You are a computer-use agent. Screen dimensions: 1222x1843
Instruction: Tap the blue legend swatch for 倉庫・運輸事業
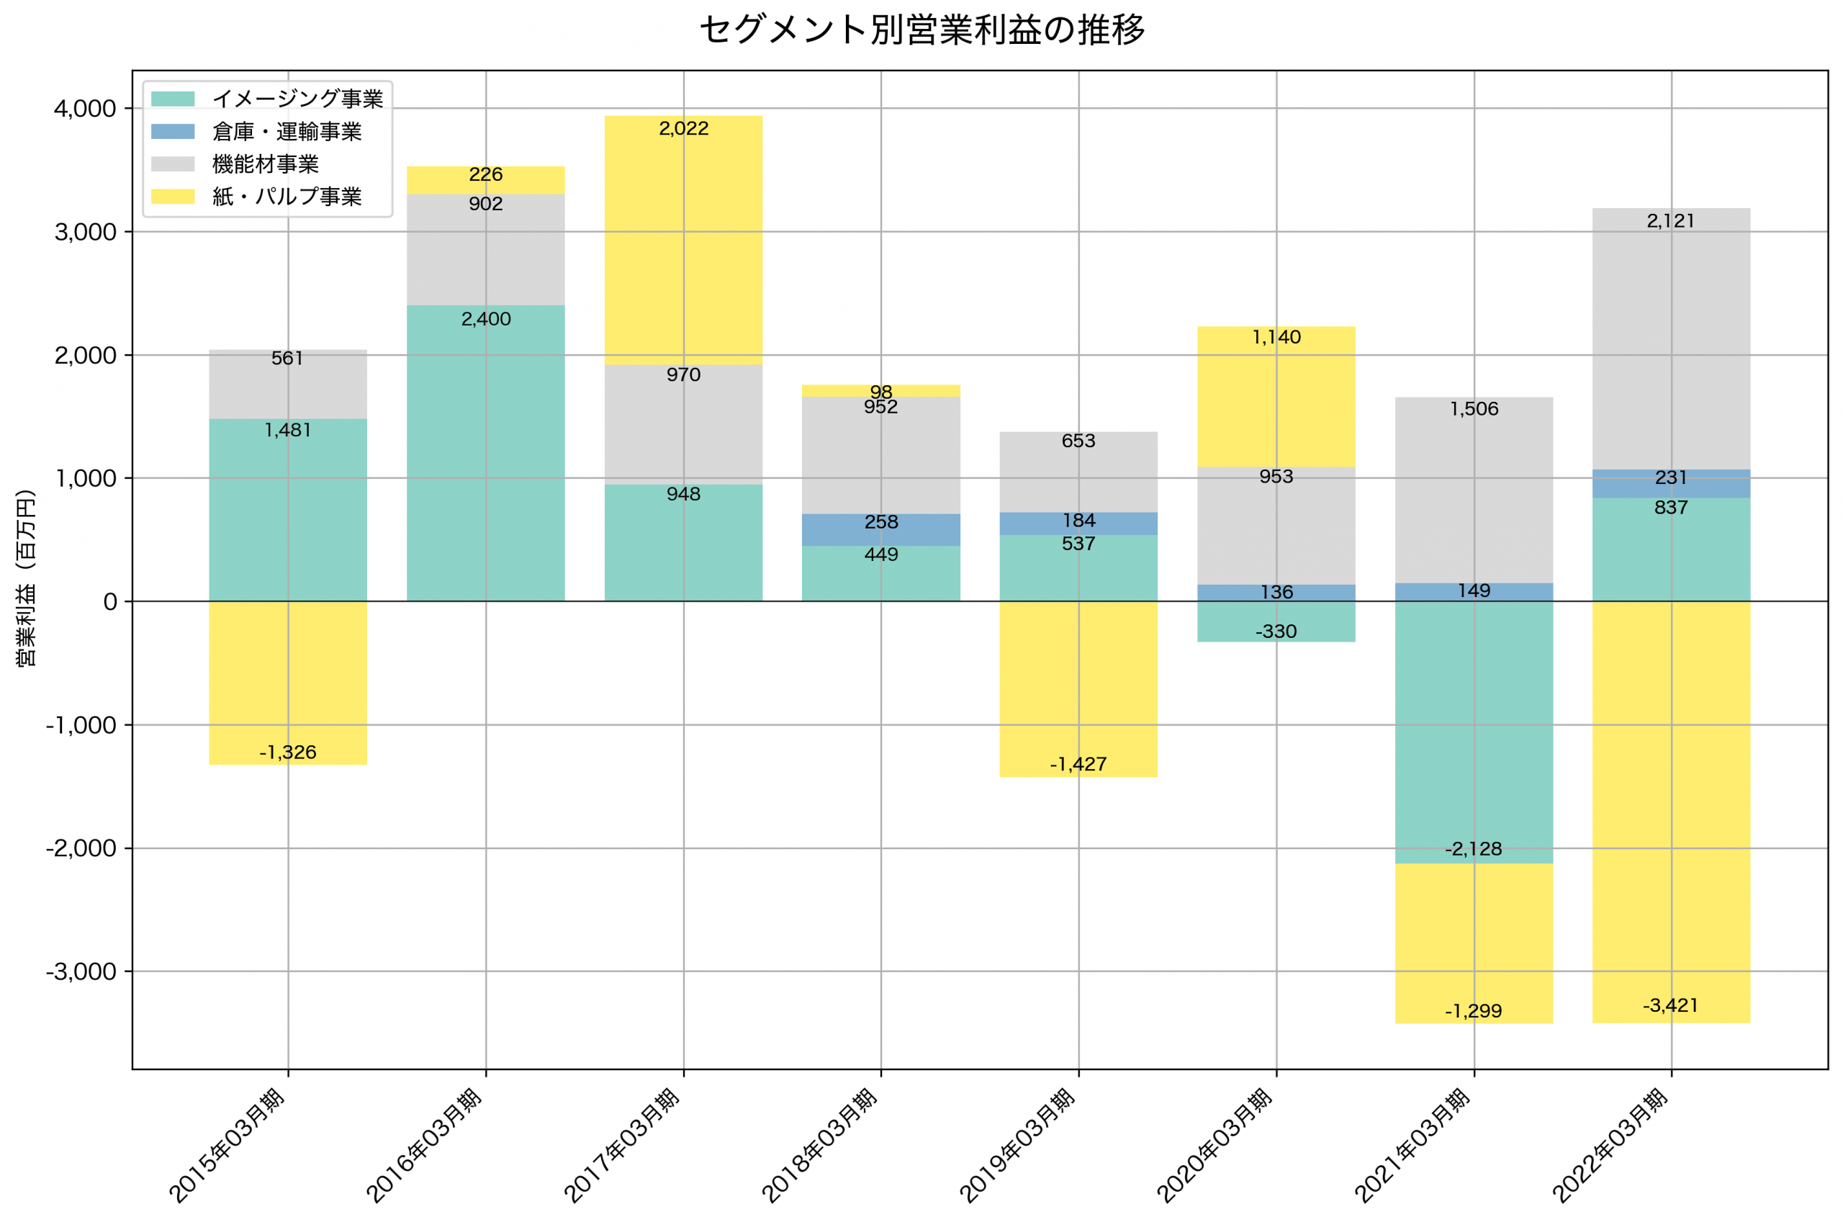point(173,132)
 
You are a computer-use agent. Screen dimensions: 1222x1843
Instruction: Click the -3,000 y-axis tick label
point(81,972)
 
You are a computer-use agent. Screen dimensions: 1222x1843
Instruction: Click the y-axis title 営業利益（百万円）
point(26,578)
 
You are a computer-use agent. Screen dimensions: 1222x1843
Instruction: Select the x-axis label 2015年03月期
point(227,1146)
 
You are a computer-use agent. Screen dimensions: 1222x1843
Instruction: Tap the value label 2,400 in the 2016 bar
point(486,320)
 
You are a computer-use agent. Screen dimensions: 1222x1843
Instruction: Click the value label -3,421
point(1670,1005)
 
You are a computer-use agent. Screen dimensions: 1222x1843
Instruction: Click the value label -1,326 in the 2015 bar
point(288,752)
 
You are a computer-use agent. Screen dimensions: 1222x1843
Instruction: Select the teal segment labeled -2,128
point(1474,732)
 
